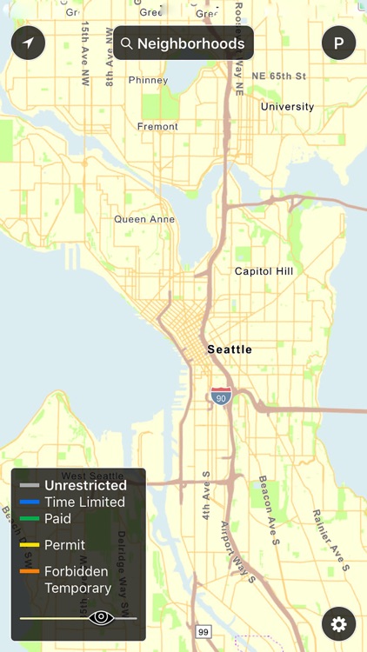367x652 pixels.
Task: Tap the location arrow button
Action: pos(28,43)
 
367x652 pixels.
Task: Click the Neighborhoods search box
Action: pos(183,43)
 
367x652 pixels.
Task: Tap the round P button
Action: pos(338,43)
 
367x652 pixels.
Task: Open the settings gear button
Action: pos(338,623)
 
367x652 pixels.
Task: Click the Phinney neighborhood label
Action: pos(148,81)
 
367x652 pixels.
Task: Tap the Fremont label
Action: pos(157,127)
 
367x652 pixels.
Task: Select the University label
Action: pos(288,107)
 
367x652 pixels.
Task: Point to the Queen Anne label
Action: pos(144,220)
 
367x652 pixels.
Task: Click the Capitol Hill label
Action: pos(264,271)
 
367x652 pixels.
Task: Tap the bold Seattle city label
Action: pos(230,349)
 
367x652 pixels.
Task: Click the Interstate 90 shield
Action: pos(221,396)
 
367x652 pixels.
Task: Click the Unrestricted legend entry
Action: pos(85,485)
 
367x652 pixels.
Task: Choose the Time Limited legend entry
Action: pos(84,502)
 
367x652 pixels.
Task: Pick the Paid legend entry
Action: pos(57,518)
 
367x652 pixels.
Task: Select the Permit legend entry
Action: pos(64,545)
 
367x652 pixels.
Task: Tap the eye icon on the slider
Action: pos(101,618)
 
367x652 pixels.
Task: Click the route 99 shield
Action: pos(204,631)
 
